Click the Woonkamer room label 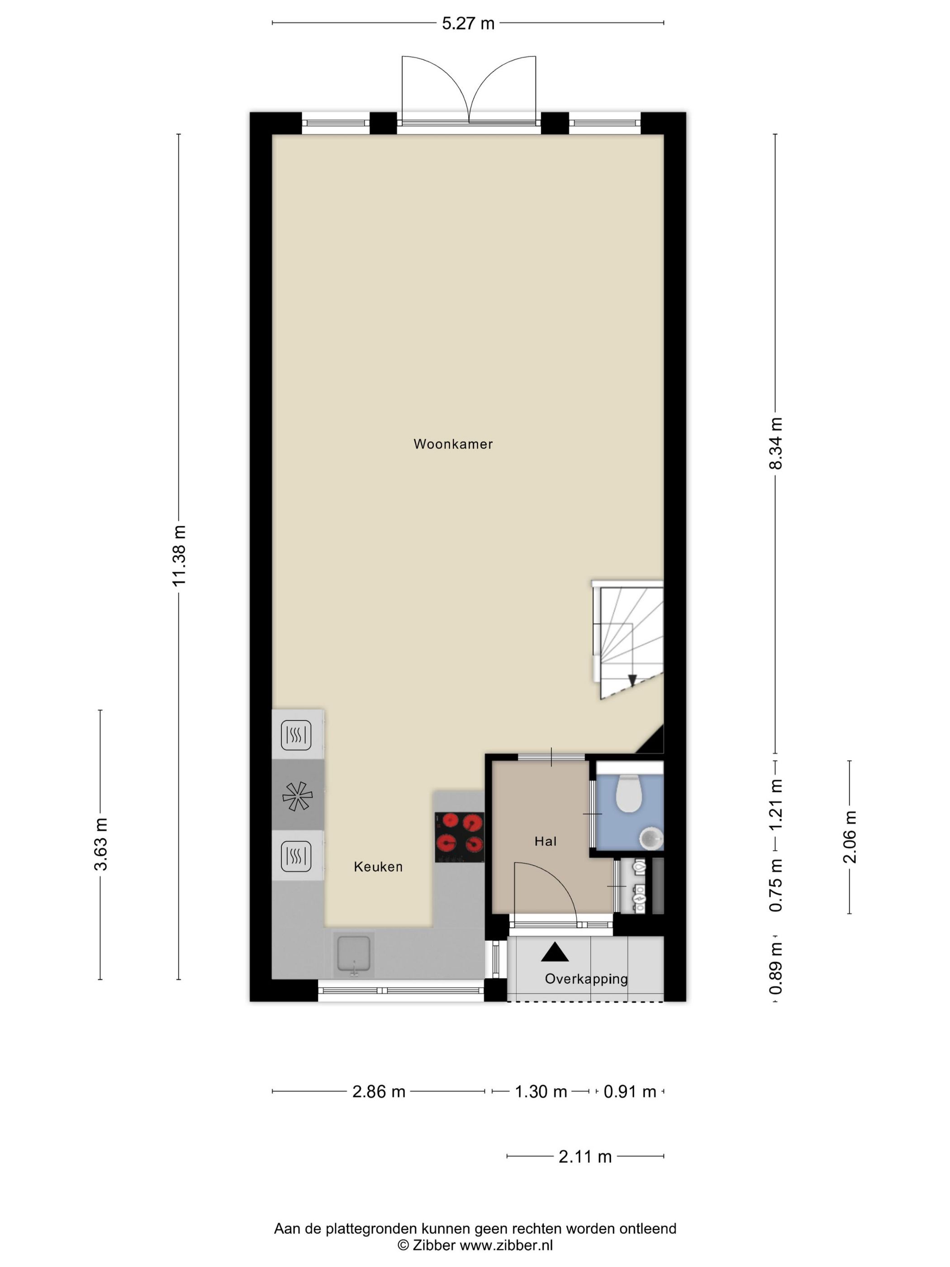click(453, 444)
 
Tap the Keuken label click(378, 867)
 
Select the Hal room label click(545, 841)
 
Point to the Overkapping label click(586, 979)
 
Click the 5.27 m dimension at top click(468, 24)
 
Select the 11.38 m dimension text click(179, 555)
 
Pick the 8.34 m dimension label click(775, 443)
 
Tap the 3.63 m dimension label click(101, 844)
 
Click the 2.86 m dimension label click(379, 1092)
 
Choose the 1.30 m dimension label click(541, 1092)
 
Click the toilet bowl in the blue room click(629, 793)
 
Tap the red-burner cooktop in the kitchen click(459, 837)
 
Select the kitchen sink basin click(354, 954)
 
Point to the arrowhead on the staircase click(632, 681)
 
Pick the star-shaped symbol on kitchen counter click(298, 795)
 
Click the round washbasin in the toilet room click(651, 839)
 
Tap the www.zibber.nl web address click(506, 1245)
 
